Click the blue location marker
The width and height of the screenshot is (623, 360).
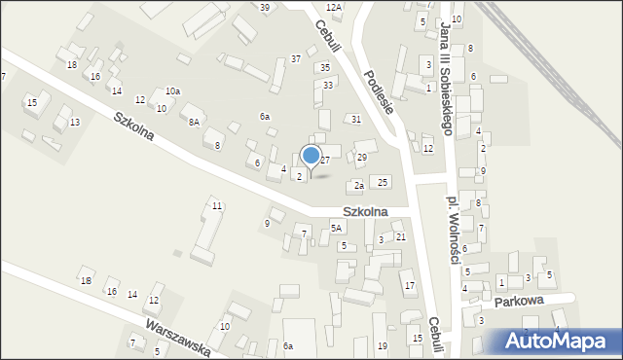(311, 156)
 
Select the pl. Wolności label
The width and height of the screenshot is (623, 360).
(452, 216)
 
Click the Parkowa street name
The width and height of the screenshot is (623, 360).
(517, 301)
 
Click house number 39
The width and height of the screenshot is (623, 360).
(265, 7)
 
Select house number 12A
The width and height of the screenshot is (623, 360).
(334, 7)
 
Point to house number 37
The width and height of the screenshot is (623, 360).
(296, 59)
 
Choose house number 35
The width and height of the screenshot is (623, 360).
(325, 67)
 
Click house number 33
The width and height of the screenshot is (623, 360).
(329, 86)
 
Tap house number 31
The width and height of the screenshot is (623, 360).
(356, 119)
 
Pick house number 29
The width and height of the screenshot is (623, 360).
(361, 157)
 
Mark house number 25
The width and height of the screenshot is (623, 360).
(384, 182)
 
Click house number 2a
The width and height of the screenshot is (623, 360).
(359, 185)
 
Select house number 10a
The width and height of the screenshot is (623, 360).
(172, 90)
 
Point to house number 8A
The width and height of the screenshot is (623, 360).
(194, 122)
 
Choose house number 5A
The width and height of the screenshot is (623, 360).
(336, 228)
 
